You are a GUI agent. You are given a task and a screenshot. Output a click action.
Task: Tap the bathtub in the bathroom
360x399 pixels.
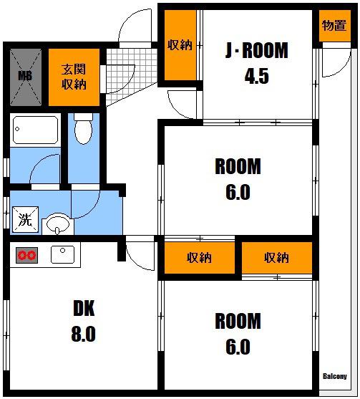pyautogui.click(x=35, y=130)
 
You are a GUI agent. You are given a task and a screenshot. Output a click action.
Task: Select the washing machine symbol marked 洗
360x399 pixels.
pyautogui.click(x=26, y=219)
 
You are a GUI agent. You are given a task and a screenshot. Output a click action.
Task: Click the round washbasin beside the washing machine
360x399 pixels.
pyautogui.click(x=58, y=224)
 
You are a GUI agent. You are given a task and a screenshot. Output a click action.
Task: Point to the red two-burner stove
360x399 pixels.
pyautogui.click(x=26, y=255)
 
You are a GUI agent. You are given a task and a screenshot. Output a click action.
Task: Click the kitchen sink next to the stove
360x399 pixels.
pyautogui.click(x=62, y=254)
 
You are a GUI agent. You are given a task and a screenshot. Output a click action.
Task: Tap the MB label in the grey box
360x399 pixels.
pyautogui.click(x=26, y=76)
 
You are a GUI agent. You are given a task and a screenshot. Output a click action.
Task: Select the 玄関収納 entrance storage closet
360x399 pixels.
pyautogui.click(x=74, y=77)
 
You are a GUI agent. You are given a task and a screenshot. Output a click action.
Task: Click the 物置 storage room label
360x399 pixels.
pyautogui.click(x=334, y=26)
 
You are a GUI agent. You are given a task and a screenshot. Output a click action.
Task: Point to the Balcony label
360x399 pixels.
pyautogui.click(x=335, y=376)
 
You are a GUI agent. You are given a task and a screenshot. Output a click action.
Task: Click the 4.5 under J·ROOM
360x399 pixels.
pyautogui.click(x=256, y=76)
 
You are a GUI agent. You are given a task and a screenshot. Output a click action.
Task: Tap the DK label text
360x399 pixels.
pyautogui.click(x=84, y=308)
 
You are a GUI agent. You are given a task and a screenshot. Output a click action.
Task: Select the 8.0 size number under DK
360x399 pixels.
pyautogui.click(x=84, y=334)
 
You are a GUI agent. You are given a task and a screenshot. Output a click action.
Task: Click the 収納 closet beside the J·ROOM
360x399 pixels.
pyautogui.click(x=180, y=45)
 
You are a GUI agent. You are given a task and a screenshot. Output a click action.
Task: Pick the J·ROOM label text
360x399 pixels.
pyautogui.click(x=257, y=50)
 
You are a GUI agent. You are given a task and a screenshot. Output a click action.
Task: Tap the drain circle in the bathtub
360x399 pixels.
pyautogui.click(x=17, y=129)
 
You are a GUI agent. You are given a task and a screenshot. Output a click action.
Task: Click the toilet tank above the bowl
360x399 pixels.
pyautogui.click(x=84, y=117)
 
